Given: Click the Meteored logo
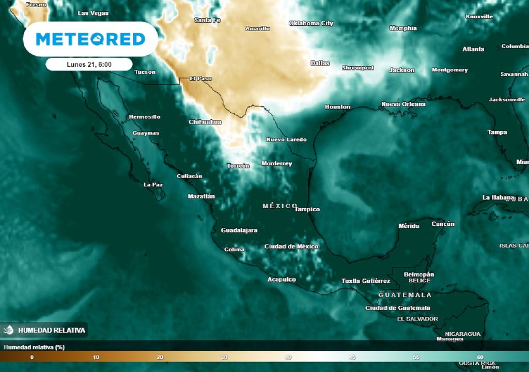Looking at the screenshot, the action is coord(90,39).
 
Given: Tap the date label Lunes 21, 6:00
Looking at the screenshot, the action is coord(89,65).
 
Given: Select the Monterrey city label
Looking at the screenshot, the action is coord(276,164).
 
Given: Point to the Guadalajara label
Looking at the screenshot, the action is coord(239,230).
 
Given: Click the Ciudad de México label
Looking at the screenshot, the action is coord(291,246).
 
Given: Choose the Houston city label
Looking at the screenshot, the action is coord(337,107).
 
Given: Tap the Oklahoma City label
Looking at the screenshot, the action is coord(311,23).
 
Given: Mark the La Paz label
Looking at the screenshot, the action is coord(153,184).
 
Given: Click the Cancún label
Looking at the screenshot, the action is coord(443,224).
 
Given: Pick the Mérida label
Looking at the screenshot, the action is coord(409,226).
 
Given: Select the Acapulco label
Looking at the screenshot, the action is coord(282,280).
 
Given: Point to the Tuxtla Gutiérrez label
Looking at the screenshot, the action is coord(366,281).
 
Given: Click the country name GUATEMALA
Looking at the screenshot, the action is coord(405,295).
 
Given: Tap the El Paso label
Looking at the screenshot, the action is coord(200,79).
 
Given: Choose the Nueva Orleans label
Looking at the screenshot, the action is coord(403,104).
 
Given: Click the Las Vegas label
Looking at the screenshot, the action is coord(93,13).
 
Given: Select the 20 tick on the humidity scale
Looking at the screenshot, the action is coord(160,357).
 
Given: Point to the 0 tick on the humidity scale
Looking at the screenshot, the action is coord(32,357).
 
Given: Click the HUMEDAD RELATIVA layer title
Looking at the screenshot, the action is coord(51,330).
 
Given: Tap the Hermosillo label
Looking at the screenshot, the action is coord(144,117).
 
